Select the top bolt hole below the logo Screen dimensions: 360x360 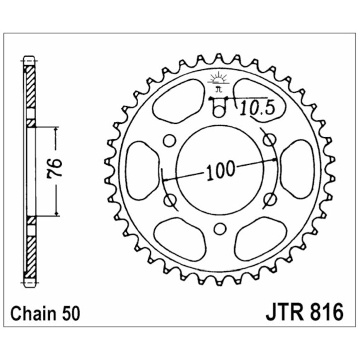[219, 110]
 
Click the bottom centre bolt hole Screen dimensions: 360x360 [220, 229]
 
